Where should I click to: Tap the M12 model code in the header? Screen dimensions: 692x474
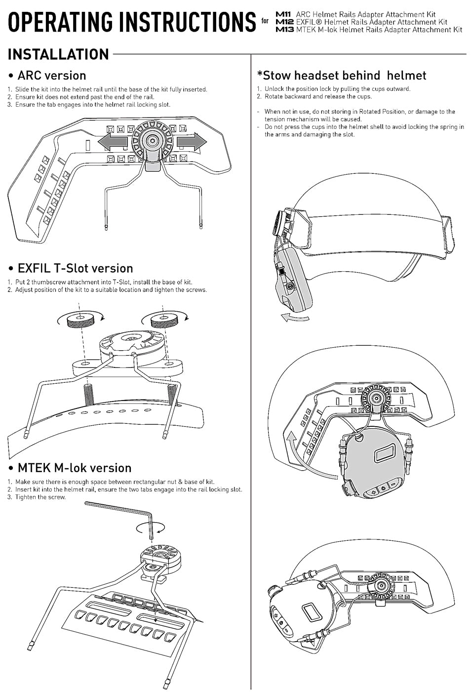(x=285, y=22)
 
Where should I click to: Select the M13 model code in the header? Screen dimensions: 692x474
(x=285, y=30)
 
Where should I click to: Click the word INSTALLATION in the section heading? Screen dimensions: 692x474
(x=58, y=54)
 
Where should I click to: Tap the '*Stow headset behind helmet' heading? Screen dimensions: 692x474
(x=341, y=76)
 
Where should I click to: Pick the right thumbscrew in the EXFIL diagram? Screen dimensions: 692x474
(x=164, y=322)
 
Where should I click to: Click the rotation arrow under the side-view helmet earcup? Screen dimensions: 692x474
(x=295, y=318)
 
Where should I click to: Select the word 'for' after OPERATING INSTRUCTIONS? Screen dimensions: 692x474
(x=265, y=21)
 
